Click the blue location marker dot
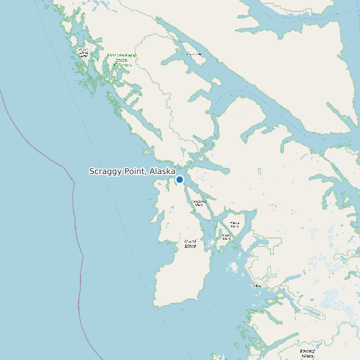pyautogui.click(x=179, y=179)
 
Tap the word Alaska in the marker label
pyautogui.click(x=162, y=171)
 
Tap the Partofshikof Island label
pyautogui.click(x=199, y=203)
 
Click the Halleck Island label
pyautogui.click(x=234, y=225)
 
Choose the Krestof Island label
pyautogui.click(x=226, y=236)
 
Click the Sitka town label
pyautogui.click(x=257, y=286)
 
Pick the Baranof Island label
pyautogui.click(x=307, y=353)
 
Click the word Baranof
pyautogui.click(x=307, y=350)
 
